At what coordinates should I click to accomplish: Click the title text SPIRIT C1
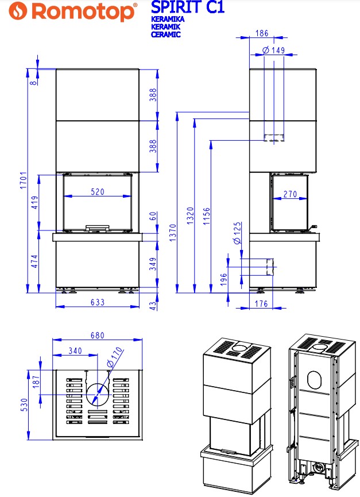click(x=187, y=7)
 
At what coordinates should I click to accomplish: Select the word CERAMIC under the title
click(x=166, y=34)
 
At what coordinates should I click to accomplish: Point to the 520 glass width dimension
click(x=97, y=192)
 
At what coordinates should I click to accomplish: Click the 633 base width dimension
click(x=97, y=302)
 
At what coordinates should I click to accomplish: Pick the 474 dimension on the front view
click(x=34, y=261)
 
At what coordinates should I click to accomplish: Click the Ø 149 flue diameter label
click(x=273, y=51)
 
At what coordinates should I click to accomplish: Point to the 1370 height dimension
click(x=173, y=234)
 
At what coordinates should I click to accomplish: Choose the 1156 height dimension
click(x=207, y=218)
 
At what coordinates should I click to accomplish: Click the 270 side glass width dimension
click(x=290, y=194)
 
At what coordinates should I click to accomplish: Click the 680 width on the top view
click(x=97, y=336)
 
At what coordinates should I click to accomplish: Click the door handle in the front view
click(x=97, y=228)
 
